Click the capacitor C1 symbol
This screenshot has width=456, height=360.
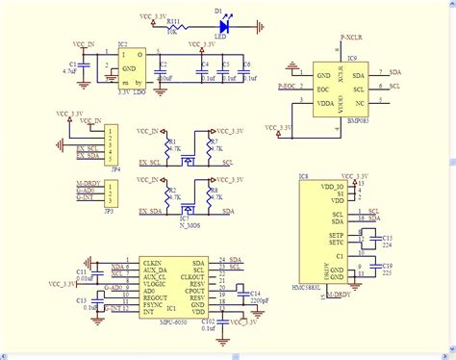point(84,65)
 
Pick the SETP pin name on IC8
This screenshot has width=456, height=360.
point(338,236)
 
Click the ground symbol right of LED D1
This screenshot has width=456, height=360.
point(259,29)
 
